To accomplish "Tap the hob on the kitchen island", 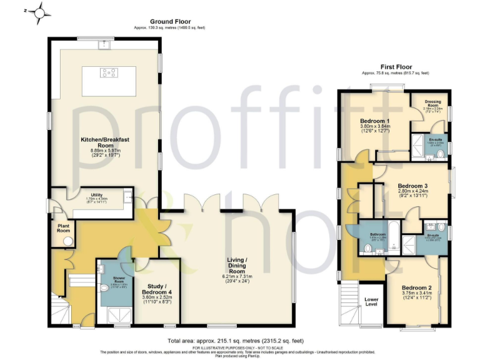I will point(108,73).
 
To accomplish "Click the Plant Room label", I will point(63,227).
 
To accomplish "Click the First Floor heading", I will point(395,67).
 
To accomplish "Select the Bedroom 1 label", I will point(375,121).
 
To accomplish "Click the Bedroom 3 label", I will point(412,186).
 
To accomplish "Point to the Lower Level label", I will point(371,301).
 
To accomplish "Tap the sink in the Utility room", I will point(127,198).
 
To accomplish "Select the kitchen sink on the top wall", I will point(103,44).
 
